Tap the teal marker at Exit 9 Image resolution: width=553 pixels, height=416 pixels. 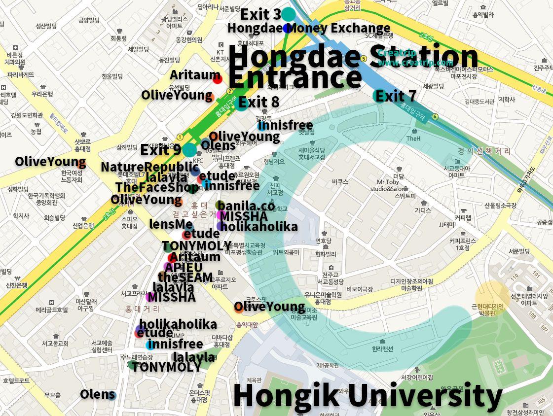click(x=189, y=150)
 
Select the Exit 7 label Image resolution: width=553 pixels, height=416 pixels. click(x=396, y=96)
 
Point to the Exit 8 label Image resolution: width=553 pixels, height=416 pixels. click(x=259, y=103)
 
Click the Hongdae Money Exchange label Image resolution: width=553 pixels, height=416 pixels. click(x=309, y=28)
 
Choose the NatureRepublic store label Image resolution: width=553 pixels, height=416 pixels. click(x=149, y=167)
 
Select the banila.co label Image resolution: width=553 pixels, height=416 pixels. click(x=246, y=206)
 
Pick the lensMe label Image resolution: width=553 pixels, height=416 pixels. click(x=171, y=224)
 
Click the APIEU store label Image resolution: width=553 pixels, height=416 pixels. click(x=184, y=267)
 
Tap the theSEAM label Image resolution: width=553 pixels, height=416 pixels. click(x=185, y=277)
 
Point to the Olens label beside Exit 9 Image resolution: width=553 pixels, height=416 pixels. click(x=218, y=145)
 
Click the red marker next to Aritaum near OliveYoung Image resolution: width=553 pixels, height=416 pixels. click(x=217, y=78)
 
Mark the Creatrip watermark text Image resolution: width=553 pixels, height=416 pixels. click(x=415, y=58)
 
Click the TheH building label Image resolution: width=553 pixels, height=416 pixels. click(x=413, y=139)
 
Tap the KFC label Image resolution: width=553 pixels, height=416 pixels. click(x=198, y=160)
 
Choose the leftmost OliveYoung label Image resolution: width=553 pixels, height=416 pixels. click(x=50, y=162)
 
